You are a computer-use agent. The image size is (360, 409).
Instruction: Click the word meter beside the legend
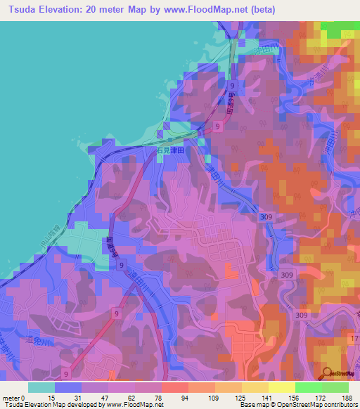point(11,398)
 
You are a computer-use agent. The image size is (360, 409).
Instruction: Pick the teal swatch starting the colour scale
point(41,387)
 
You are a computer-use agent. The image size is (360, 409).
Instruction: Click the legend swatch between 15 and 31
point(68,387)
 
